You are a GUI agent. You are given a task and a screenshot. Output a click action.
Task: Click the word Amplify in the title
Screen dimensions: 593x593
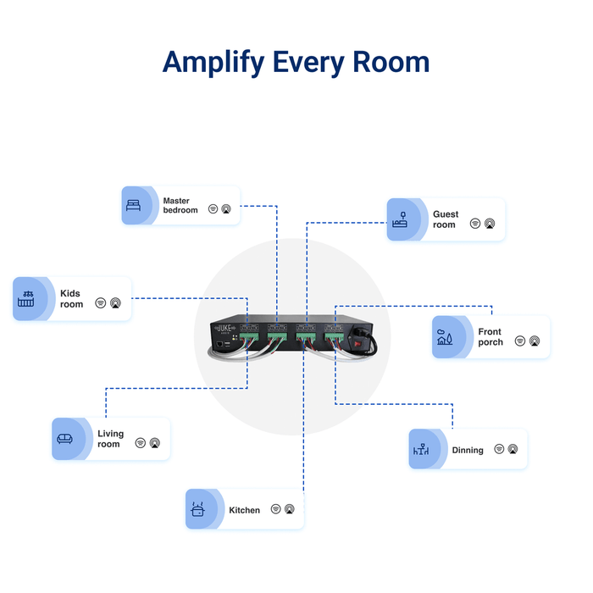pos(212,63)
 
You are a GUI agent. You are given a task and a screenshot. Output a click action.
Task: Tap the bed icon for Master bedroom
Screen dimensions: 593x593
pos(133,206)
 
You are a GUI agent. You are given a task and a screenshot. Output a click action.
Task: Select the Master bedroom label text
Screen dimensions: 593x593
pos(180,206)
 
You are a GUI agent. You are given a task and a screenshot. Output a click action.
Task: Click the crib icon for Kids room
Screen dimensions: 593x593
pos(25,299)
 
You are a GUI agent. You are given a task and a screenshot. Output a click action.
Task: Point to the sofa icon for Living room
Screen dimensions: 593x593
pos(64,439)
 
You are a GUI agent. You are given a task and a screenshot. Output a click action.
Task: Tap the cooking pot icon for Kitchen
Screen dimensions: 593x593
pos(198,510)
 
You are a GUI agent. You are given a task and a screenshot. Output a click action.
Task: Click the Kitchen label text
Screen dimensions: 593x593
pos(244,511)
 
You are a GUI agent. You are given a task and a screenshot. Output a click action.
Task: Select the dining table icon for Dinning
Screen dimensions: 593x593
pos(421,450)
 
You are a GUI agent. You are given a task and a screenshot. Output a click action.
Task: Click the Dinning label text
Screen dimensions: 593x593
pos(468,451)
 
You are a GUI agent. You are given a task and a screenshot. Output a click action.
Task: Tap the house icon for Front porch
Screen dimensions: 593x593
pos(444,337)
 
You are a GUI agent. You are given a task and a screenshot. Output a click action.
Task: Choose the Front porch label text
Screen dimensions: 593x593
pos(490,337)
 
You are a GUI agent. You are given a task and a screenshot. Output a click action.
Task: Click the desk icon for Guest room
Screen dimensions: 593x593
pos(400,219)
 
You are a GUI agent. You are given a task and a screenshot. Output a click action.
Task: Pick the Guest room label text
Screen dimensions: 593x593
pos(445,220)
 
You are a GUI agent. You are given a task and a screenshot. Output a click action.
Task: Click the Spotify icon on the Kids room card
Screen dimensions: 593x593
pos(101,302)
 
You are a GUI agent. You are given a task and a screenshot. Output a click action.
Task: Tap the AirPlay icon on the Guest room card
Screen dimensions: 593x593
pos(489,224)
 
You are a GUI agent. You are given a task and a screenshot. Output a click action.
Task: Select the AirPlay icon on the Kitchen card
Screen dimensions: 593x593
pos(289,509)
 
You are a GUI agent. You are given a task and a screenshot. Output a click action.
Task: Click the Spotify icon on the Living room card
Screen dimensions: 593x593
pos(141,442)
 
